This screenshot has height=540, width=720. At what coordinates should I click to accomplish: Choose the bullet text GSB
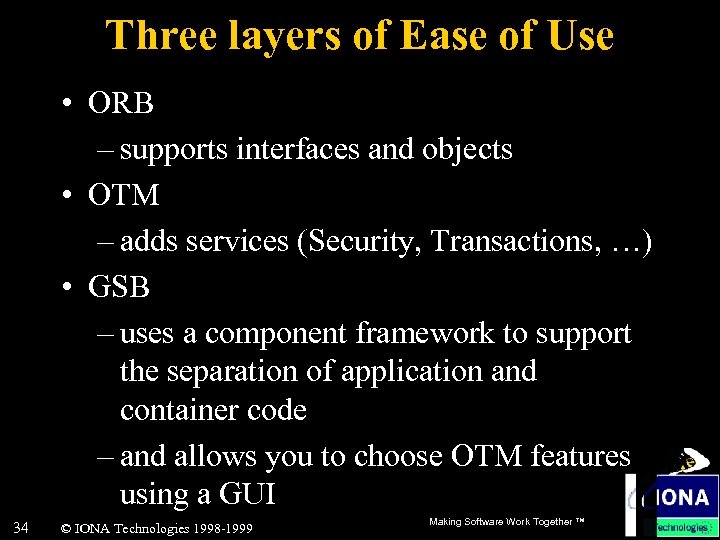pos(119,287)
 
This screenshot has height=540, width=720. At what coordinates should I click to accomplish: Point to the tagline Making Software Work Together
pos(505,522)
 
